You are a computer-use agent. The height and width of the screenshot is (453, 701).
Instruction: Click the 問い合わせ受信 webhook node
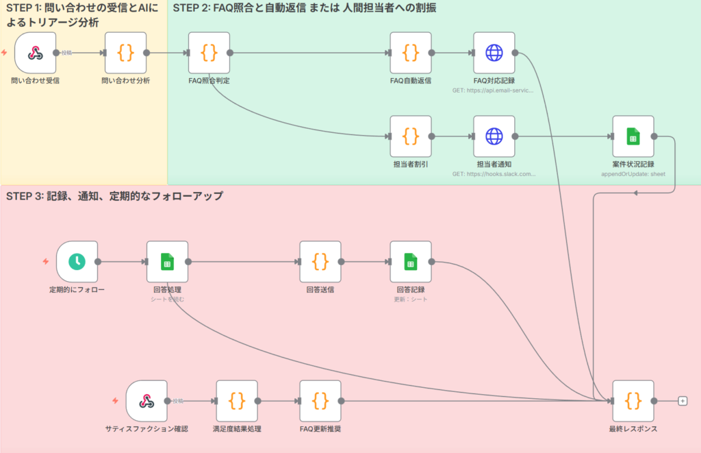(x=35, y=53)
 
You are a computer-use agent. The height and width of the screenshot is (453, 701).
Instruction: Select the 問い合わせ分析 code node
(x=125, y=53)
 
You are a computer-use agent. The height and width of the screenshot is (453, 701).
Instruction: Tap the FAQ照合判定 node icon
(x=209, y=53)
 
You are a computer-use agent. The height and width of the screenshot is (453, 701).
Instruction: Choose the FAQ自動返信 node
(x=410, y=53)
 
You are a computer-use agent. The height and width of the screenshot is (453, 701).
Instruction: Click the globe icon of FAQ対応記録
(x=494, y=53)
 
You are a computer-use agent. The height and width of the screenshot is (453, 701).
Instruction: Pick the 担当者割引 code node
(x=410, y=136)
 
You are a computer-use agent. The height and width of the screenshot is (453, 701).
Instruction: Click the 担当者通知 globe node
(x=494, y=136)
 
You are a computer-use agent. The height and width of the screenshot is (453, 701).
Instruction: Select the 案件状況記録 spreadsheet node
(x=633, y=136)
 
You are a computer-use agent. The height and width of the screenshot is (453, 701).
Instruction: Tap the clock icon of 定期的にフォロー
(x=77, y=261)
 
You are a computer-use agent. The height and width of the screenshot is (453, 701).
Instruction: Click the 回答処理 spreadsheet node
(x=167, y=261)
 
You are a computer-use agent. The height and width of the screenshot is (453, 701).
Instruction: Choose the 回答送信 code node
(x=320, y=261)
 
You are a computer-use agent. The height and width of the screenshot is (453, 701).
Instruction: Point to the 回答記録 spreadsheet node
(x=410, y=261)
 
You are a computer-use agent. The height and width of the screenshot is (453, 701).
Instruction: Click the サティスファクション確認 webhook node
(x=146, y=401)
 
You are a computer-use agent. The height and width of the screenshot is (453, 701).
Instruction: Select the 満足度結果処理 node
(x=237, y=401)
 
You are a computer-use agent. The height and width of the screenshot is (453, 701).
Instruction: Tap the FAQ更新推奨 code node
(x=320, y=401)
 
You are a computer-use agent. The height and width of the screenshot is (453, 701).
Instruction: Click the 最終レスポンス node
(x=633, y=401)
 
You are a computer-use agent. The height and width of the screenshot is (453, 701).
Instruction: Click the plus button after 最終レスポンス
(x=682, y=401)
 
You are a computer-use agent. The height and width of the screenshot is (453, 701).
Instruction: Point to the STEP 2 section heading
(x=304, y=8)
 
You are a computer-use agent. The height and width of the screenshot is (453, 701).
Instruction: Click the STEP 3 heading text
(x=114, y=196)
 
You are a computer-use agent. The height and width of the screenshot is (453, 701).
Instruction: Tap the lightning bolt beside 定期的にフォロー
(x=46, y=261)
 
